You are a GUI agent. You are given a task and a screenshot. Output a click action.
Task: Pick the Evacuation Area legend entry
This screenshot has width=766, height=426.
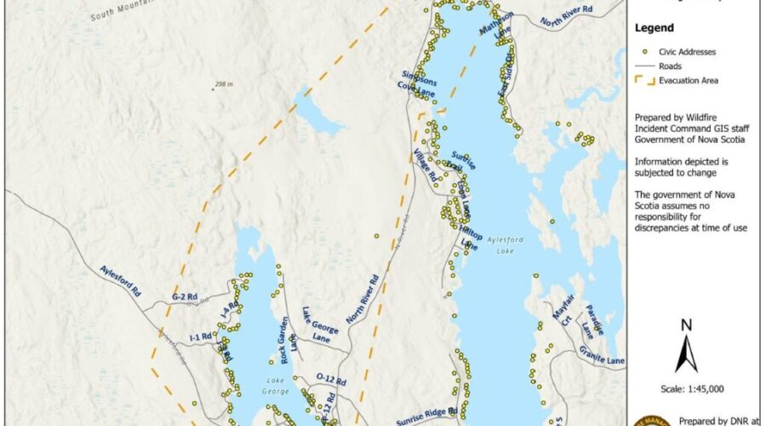[683, 81]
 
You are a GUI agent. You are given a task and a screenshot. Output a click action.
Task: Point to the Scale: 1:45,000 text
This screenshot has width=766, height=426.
[686, 389]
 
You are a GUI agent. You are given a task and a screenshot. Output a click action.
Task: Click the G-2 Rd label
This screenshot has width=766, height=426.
[184, 296]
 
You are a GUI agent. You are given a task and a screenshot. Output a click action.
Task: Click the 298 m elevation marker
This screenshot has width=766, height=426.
[224, 84]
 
